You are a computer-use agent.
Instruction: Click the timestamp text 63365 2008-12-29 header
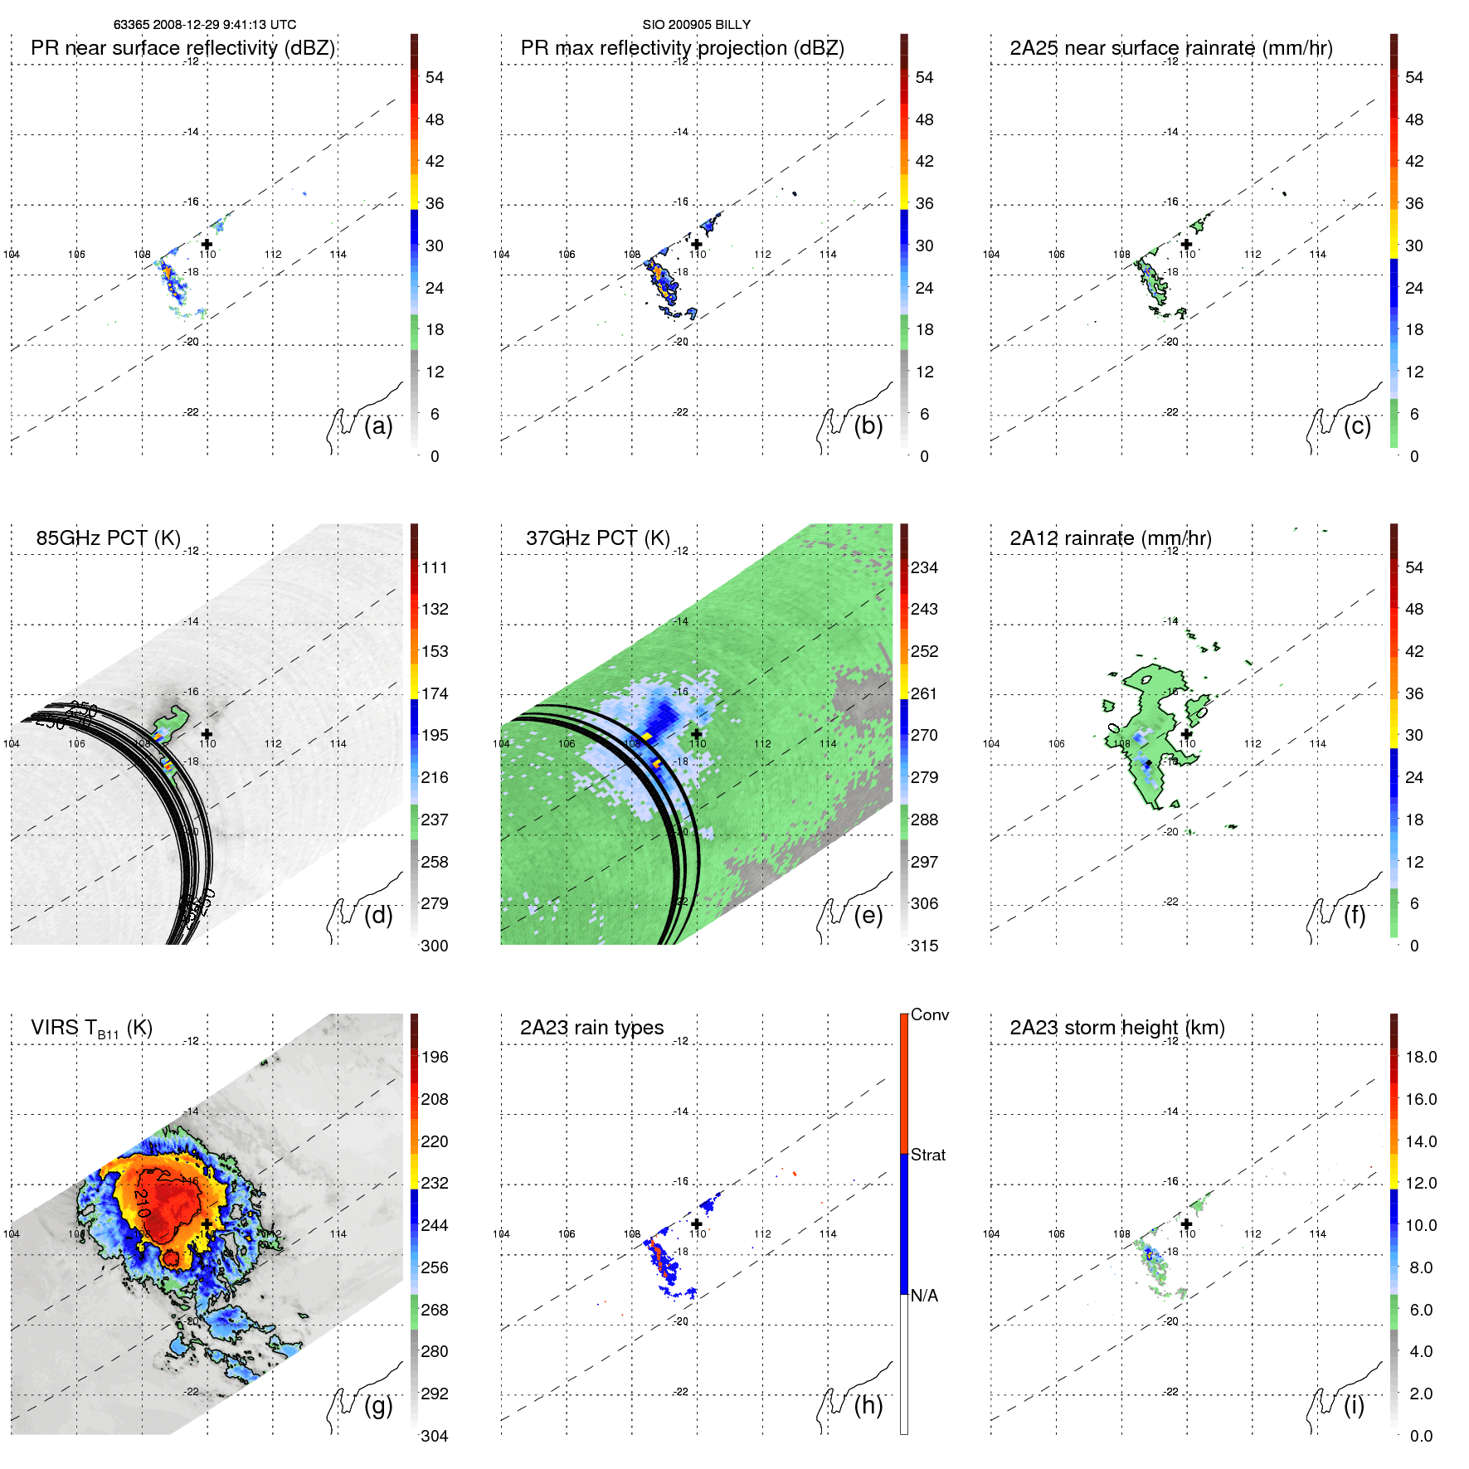[x=204, y=25]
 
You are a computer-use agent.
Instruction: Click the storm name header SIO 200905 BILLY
[x=696, y=25]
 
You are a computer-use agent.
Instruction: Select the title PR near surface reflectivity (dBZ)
[x=182, y=48]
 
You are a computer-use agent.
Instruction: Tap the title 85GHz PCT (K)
[x=108, y=538]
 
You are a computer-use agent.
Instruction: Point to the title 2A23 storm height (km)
[x=1116, y=1028]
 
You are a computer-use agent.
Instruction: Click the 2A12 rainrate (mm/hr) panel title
[x=1110, y=538]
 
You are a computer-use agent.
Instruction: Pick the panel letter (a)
[x=378, y=426]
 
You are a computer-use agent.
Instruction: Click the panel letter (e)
[x=868, y=915]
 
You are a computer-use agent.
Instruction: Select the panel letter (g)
[x=378, y=1405]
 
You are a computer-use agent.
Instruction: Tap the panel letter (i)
[x=1354, y=1405]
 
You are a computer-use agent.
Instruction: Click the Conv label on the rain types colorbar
[x=929, y=1015]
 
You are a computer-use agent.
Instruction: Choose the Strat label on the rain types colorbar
[x=927, y=1155]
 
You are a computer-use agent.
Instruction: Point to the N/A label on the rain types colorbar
[x=924, y=1296]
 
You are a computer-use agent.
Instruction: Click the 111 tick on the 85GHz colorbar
[x=435, y=568]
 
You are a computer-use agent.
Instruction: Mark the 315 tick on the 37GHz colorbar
[x=924, y=946]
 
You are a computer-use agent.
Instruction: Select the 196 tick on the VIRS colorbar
[x=435, y=1058]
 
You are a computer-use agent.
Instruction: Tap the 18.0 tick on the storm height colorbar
[x=1421, y=1058]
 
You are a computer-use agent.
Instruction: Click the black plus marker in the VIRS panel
[x=207, y=1223]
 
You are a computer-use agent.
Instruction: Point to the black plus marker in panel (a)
[x=207, y=244]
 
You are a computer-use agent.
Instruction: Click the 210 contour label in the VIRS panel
[x=141, y=1202]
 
